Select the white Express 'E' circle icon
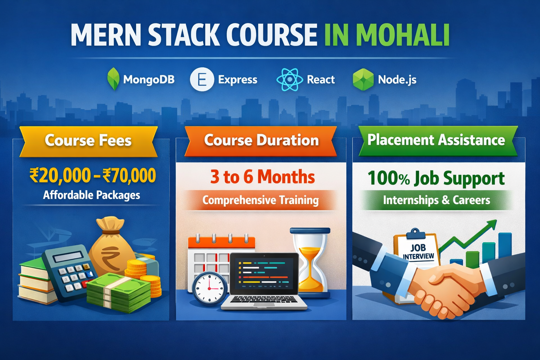pyautogui.click(x=202, y=79)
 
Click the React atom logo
pyautogui.click(x=289, y=80)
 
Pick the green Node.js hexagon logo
pyautogui.click(x=363, y=79)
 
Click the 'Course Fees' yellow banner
pyautogui.click(x=88, y=141)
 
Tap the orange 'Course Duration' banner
pyautogui.click(x=261, y=140)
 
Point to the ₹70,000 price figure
pyautogui.click(x=129, y=175)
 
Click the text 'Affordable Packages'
pyautogui.click(x=91, y=195)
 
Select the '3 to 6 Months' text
pyautogui.click(x=262, y=176)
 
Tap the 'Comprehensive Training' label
pyautogui.click(x=261, y=200)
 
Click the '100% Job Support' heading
pyautogui.click(x=436, y=178)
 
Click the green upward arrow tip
pyautogui.click(x=494, y=223)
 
